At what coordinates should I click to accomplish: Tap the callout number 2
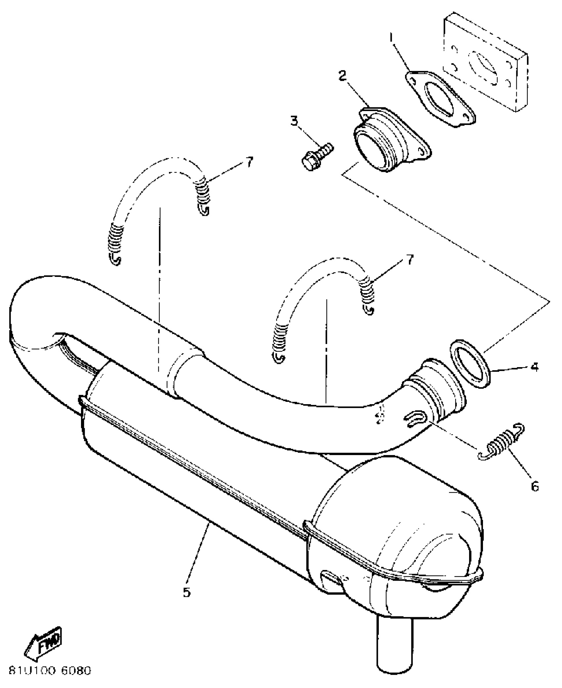point(342,76)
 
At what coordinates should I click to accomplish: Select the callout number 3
point(294,121)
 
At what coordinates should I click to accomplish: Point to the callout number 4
point(535,367)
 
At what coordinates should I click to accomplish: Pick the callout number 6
point(535,486)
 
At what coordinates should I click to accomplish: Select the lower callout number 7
point(410,260)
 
